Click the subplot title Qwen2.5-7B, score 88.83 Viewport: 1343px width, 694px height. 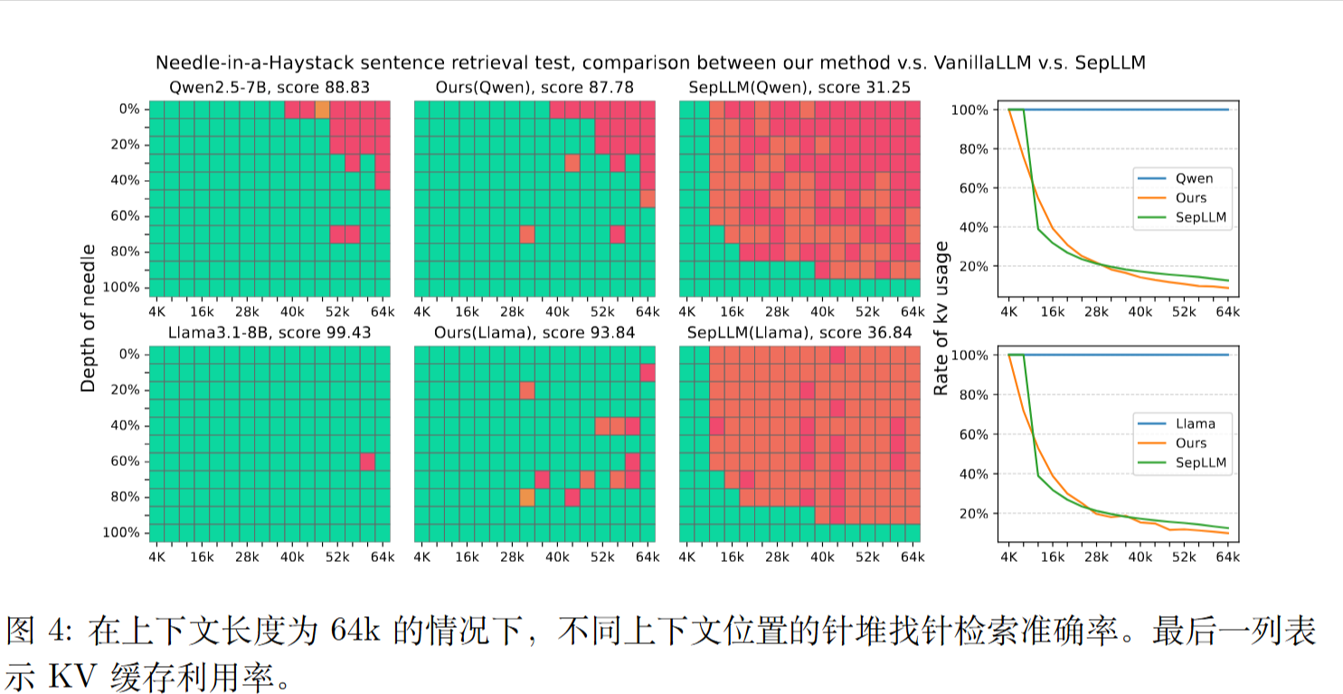[270, 87]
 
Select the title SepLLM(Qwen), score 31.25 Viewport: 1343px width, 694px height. [799, 87]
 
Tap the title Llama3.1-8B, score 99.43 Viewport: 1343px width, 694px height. [270, 332]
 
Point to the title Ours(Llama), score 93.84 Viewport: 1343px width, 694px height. [534, 332]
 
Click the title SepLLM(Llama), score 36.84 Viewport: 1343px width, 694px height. [799, 332]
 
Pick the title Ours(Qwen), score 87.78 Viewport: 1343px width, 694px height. [534, 87]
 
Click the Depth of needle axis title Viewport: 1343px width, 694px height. [88, 318]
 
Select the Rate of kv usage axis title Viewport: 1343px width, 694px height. [941, 318]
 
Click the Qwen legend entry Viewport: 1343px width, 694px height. [1194, 178]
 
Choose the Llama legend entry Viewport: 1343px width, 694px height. [1196, 423]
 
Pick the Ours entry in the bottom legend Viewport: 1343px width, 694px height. [1191, 443]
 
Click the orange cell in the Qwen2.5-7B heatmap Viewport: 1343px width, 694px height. [322, 109]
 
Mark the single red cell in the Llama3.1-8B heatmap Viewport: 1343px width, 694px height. [367, 461]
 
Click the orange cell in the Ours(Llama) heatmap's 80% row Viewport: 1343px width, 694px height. [527, 497]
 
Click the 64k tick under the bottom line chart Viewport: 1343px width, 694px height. [1227, 558]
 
